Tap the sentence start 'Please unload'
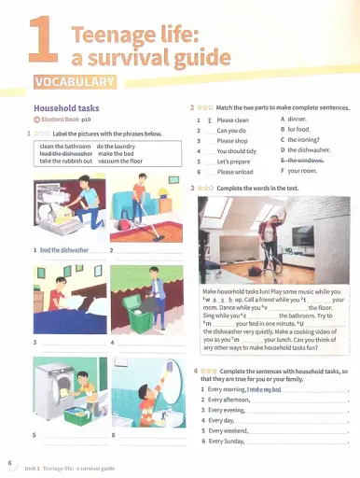[x=238, y=172]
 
